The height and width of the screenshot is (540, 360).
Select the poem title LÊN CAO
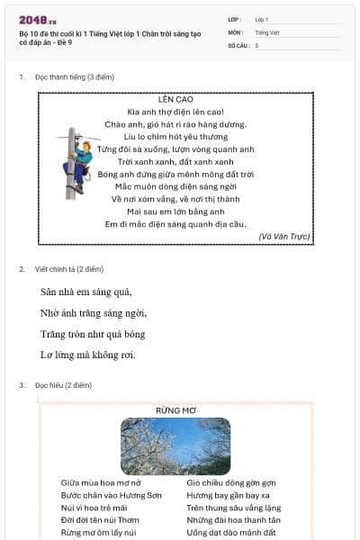coord(175,99)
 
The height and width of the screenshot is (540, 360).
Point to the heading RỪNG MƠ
coord(175,410)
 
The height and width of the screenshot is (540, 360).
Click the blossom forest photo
coord(175,446)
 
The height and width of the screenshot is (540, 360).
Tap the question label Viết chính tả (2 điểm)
coord(69,269)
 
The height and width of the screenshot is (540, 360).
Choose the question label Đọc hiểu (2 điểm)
coord(64,385)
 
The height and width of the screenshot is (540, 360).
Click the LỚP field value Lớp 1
coord(261,19)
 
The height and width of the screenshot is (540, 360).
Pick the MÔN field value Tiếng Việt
coord(266,31)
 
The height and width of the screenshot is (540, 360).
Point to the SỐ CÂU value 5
coord(256,44)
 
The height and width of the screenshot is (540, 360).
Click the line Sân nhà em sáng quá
coord(86,292)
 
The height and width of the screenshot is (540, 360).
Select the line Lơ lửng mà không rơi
coord(88,355)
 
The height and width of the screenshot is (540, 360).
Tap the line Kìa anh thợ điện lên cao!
coord(175,112)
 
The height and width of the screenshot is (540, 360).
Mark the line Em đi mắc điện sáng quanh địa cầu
coord(175,223)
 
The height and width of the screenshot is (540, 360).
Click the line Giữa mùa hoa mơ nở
coord(101,482)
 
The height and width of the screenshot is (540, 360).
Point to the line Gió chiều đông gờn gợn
coord(231,482)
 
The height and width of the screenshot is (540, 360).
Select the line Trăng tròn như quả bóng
coord(93,334)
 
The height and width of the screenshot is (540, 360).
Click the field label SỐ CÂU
coord(238,44)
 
